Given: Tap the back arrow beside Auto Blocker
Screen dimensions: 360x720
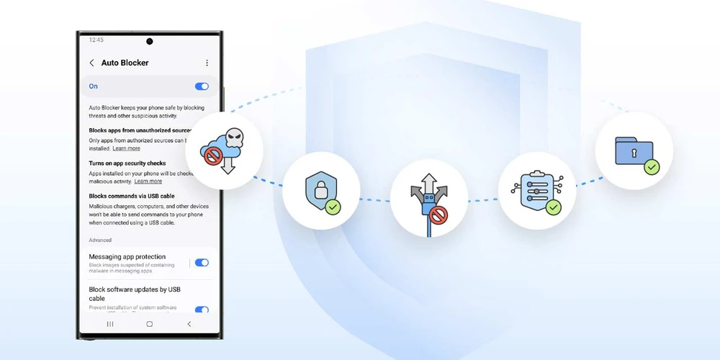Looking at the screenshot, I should [91, 63].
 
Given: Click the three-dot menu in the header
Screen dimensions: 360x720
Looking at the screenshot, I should [207, 63].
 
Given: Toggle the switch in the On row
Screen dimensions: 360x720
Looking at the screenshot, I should [202, 86].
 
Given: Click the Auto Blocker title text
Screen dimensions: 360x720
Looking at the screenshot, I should [125, 63].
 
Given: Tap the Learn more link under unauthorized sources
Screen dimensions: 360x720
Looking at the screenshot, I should [127, 148].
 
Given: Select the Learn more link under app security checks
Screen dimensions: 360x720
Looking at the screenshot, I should [148, 181].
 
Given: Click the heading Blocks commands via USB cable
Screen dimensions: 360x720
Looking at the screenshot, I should [132, 196].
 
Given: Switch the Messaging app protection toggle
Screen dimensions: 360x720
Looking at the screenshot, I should [202, 264].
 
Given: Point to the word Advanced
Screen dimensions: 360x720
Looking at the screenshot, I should [100, 240].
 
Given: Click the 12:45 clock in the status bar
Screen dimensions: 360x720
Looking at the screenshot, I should [96, 40].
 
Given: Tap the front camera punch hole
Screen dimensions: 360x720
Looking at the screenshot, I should [150, 41].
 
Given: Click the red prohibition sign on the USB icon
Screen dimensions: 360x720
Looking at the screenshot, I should [437, 214].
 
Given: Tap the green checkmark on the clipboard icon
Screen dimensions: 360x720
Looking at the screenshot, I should [553, 207].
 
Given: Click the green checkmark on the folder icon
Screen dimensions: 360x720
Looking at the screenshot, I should [652, 167].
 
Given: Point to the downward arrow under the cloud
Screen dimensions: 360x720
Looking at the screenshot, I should [228, 167].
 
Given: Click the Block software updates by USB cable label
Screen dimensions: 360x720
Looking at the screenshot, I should [134, 294].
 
